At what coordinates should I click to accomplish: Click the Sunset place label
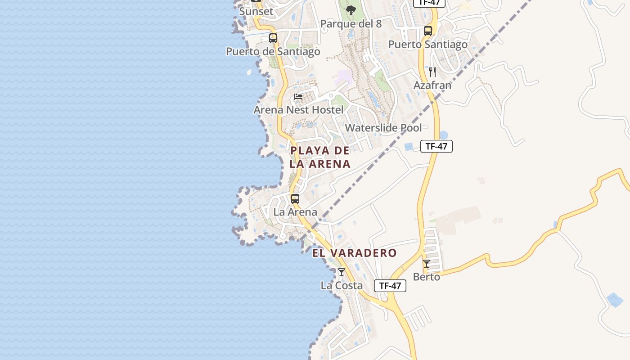click(256, 11)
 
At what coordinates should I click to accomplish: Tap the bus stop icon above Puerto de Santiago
click(273, 38)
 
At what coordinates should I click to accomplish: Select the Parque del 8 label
click(351, 24)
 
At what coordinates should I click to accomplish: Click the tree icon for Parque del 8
click(351, 10)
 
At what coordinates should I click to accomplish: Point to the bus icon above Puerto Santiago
click(428, 31)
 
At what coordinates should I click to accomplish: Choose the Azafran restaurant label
click(432, 85)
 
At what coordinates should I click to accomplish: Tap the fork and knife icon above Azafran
click(432, 72)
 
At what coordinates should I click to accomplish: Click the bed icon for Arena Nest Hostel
click(298, 97)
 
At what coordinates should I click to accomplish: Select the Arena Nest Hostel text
click(298, 110)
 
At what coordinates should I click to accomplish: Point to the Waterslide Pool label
click(383, 128)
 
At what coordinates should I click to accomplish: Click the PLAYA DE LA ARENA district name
click(320, 157)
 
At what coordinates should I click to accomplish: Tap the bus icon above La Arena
click(295, 199)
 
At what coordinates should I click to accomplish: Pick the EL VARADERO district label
click(355, 253)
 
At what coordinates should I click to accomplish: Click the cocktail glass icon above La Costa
click(342, 272)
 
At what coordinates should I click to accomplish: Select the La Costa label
click(342, 285)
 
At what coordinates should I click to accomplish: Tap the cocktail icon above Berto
click(427, 264)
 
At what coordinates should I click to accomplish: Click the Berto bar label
click(427, 277)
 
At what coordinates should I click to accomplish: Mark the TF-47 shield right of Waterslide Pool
click(436, 146)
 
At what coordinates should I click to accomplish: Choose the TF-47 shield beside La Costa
click(390, 286)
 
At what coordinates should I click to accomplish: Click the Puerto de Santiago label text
click(273, 51)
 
